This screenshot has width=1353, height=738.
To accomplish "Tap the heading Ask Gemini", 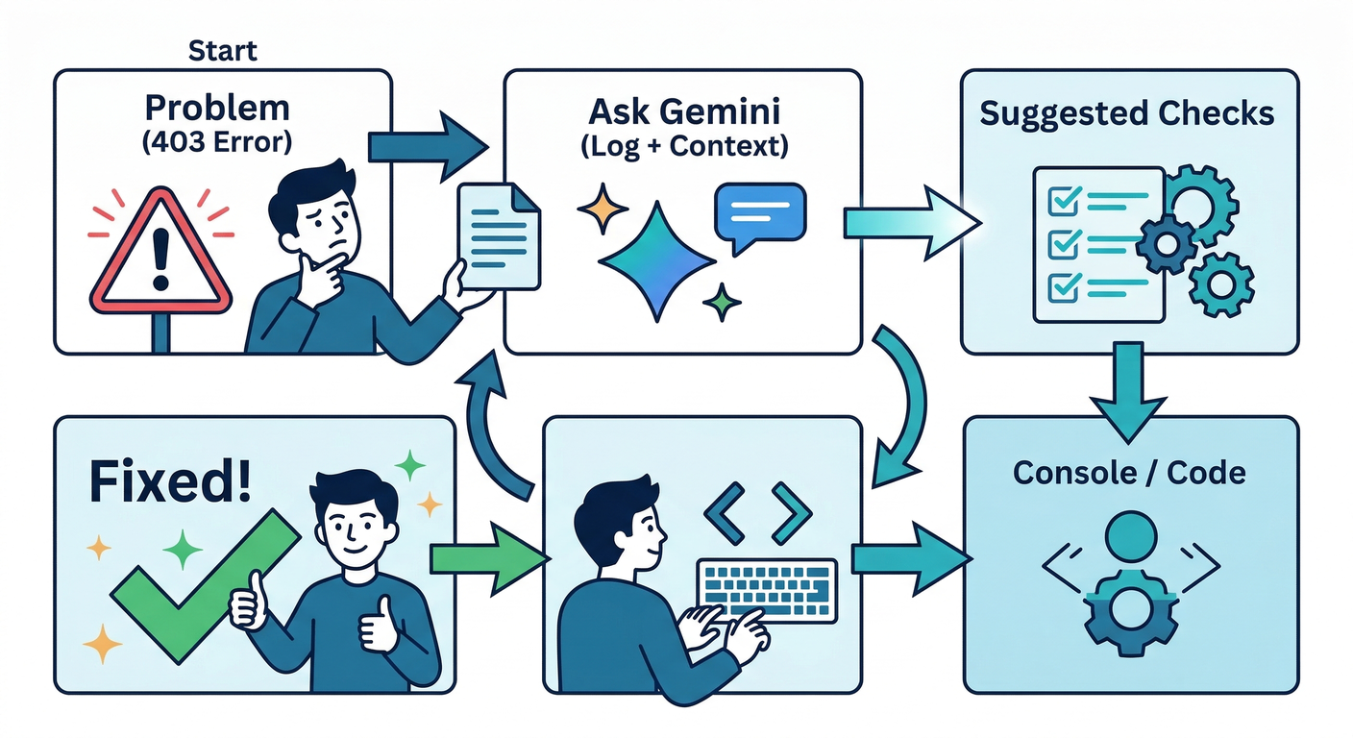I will coord(683,112).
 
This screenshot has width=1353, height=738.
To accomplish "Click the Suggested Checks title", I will coord(1127,114).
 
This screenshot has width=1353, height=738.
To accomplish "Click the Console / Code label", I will coord(1129,472).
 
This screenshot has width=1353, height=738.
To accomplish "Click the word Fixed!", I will coord(171,481).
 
